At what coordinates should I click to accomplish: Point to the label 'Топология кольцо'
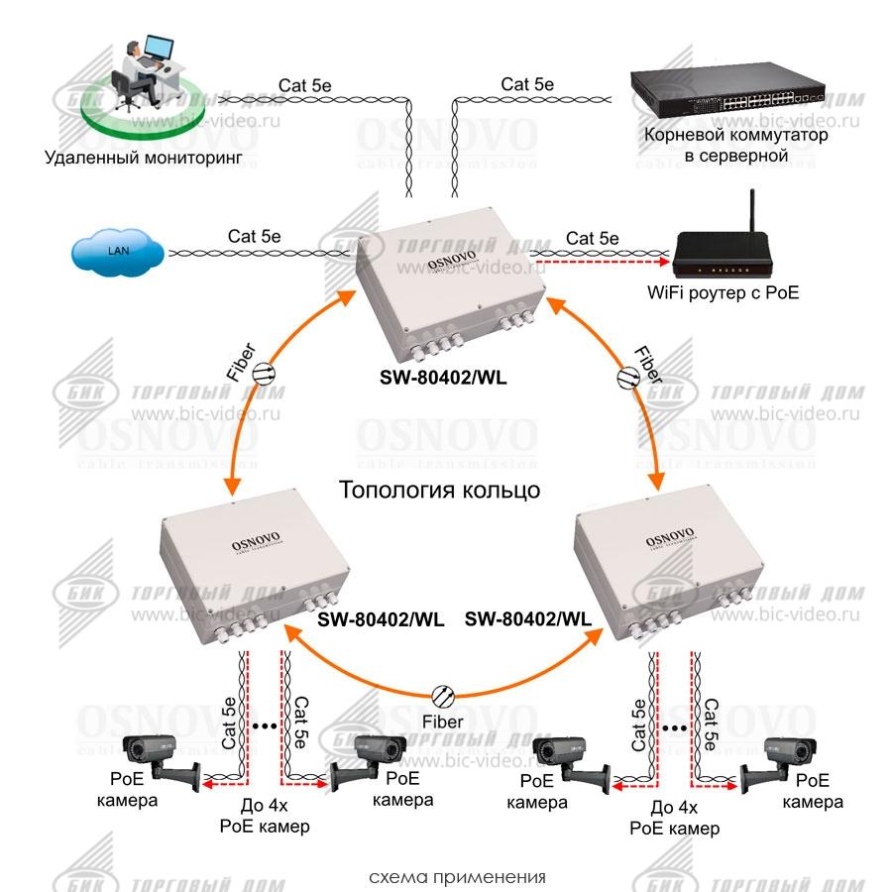pyautogui.click(x=440, y=490)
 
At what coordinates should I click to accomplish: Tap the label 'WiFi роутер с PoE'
pyautogui.click(x=723, y=293)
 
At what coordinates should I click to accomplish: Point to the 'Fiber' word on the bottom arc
pyautogui.click(x=442, y=722)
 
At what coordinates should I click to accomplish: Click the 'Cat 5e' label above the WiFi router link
pyautogui.click(x=592, y=238)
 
